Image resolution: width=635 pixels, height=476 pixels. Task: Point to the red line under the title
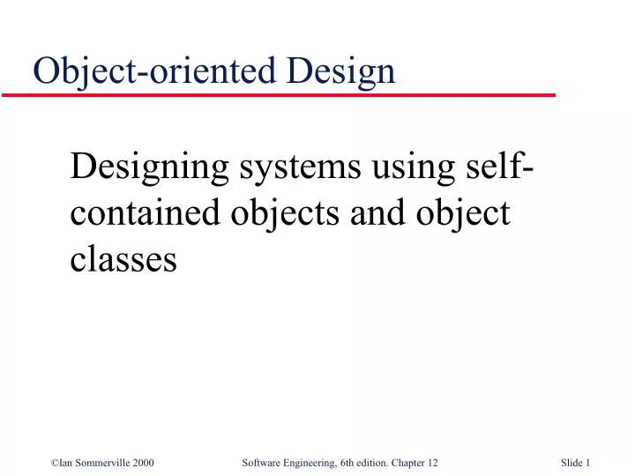291,93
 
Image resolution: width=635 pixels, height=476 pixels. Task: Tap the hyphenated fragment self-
493,165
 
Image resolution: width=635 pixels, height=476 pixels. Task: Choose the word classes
123,260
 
